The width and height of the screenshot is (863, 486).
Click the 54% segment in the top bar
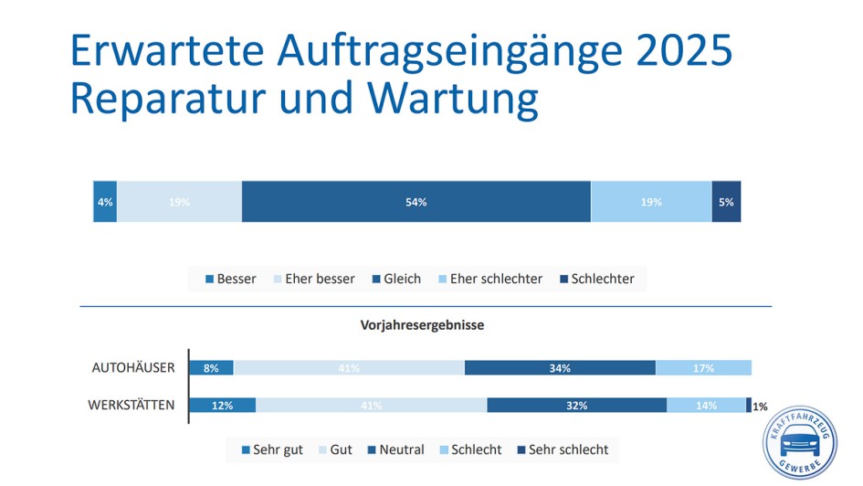(x=416, y=202)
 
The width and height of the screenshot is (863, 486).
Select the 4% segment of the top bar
(x=105, y=202)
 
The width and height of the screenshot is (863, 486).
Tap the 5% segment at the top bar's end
(x=726, y=202)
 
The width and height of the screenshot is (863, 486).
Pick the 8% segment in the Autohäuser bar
(x=211, y=368)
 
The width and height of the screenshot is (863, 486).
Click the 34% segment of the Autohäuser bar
(x=560, y=368)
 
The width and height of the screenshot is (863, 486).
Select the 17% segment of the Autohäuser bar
(x=703, y=368)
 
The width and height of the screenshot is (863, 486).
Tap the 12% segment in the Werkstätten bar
(x=222, y=405)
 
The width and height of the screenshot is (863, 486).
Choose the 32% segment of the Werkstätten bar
(x=576, y=405)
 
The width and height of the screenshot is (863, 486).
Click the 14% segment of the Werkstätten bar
(x=706, y=405)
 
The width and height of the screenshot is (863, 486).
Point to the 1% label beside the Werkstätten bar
(x=760, y=407)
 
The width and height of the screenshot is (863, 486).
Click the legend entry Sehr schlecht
(x=562, y=449)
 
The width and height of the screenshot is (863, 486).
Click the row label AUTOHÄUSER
(x=133, y=368)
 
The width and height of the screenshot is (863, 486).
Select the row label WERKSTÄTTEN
(x=131, y=404)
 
